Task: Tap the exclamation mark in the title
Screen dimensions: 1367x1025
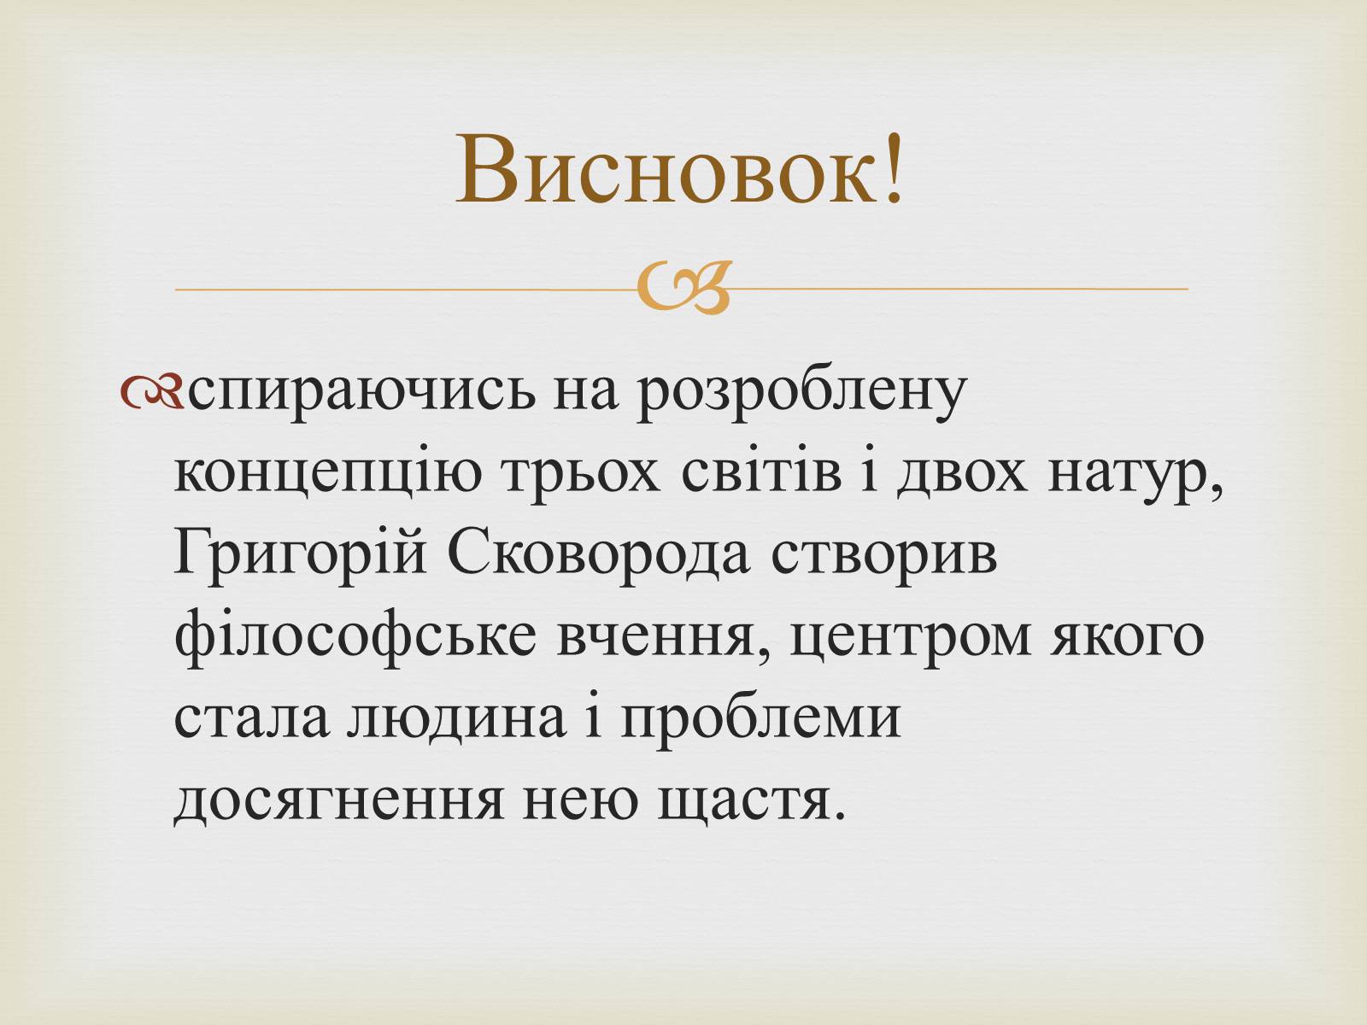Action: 893,168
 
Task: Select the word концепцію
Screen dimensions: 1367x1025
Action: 328,476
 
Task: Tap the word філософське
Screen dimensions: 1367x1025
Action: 355,635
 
